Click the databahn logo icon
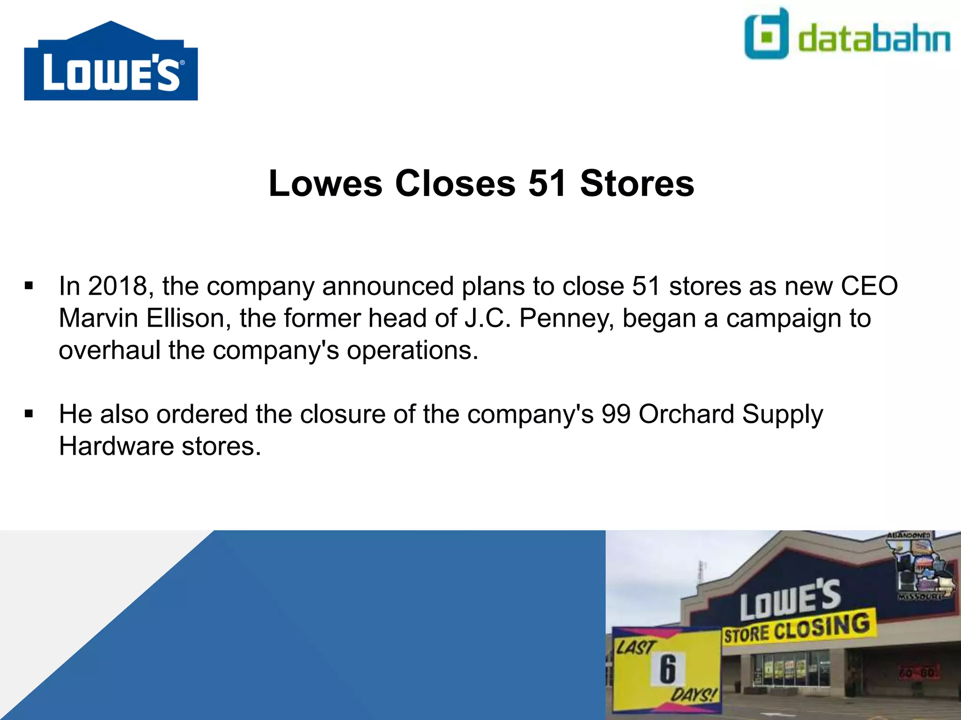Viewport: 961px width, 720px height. click(x=766, y=34)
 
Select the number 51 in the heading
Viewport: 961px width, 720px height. click(x=547, y=183)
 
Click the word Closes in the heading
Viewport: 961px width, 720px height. click(x=455, y=183)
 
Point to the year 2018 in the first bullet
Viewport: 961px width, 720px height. click(x=118, y=286)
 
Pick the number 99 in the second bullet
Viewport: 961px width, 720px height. click(x=616, y=414)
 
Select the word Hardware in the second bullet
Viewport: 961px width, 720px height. click(x=116, y=446)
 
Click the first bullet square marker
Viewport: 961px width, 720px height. click(x=29, y=286)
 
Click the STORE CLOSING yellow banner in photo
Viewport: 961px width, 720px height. click(x=798, y=628)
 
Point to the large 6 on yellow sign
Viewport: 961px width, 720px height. click(x=668, y=669)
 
